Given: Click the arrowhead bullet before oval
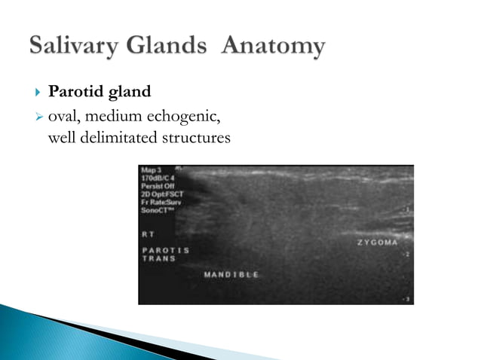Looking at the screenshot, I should (x=38, y=117).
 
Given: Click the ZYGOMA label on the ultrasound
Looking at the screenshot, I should (x=378, y=243).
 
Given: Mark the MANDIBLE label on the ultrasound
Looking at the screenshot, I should (x=231, y=275).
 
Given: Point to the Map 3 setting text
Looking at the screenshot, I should (x=153, y=170).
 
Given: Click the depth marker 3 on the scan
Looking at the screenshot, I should (x=408, y=299).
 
